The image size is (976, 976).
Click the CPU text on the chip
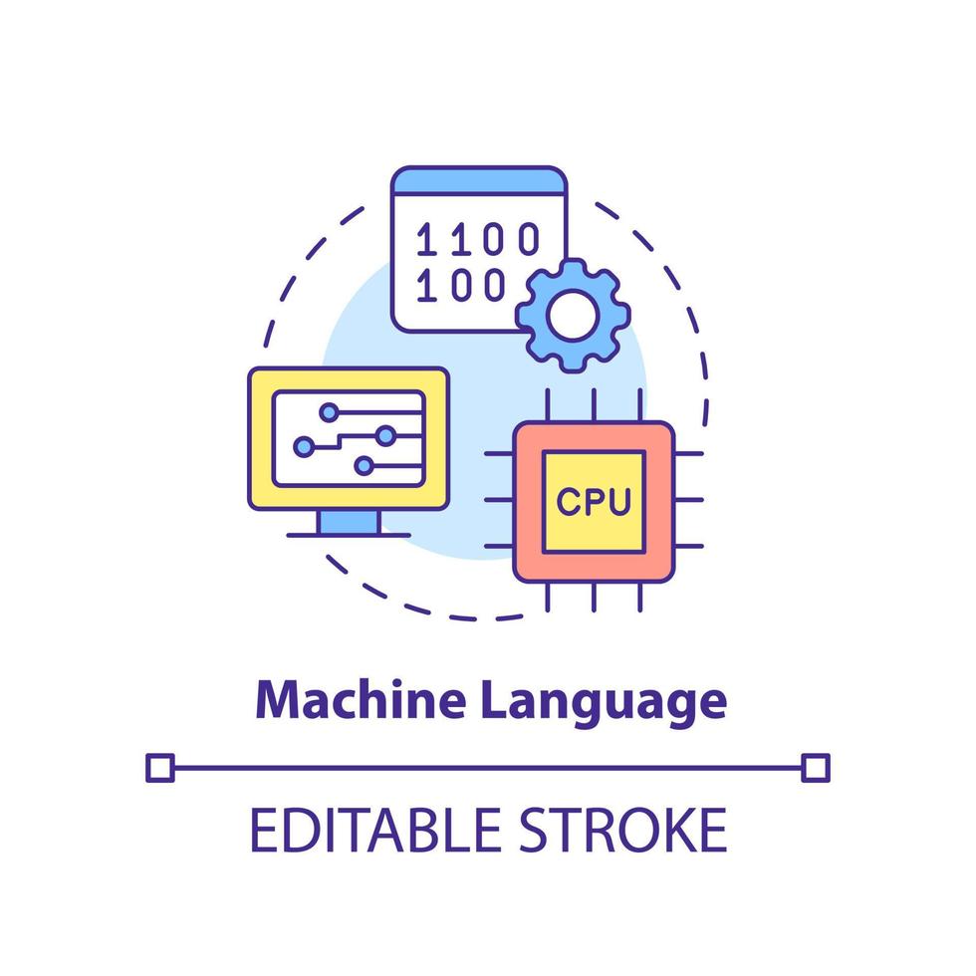[594, 501]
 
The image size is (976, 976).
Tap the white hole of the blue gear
[572, 316]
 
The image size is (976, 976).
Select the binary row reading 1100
[477, 239]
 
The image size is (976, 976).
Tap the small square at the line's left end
[159, 767]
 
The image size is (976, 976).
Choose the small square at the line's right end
[816, 767]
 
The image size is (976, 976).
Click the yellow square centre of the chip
[594, 518]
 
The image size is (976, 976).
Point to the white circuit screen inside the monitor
[349, 438]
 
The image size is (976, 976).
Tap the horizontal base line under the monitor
[348, 536]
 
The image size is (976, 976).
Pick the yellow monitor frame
[261, 438]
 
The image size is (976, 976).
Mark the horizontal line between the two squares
[488, 767]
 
